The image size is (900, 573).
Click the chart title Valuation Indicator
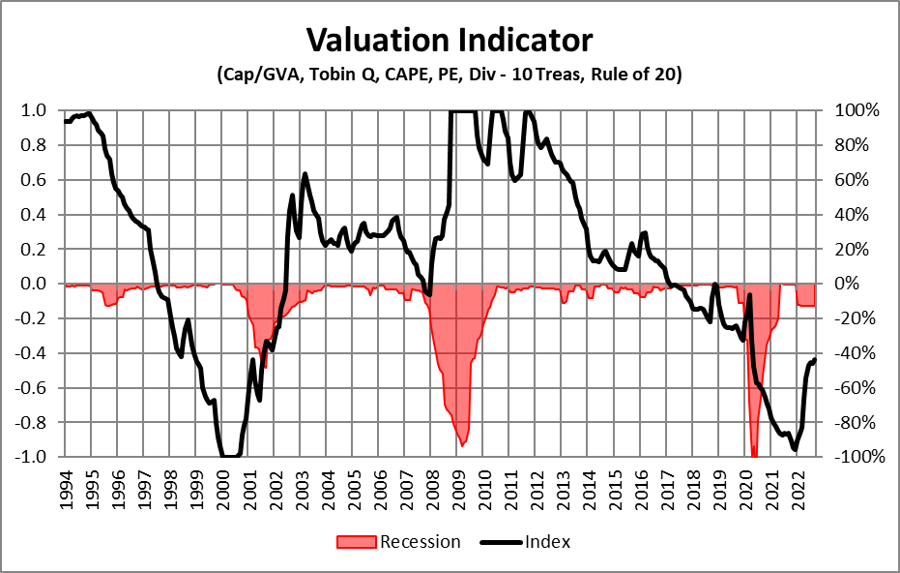pos(450,40)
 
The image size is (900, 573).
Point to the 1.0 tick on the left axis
pos(34,110)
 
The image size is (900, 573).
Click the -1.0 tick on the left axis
pos(31,457)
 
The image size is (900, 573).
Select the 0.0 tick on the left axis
pos(34,284)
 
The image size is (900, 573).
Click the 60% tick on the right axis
pos(856,180)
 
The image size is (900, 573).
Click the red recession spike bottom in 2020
pos(754,455)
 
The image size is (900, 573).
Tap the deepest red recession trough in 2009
pos(463,444)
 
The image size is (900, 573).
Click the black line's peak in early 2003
pos(305,174)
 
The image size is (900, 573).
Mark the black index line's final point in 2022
pos(814,360)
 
